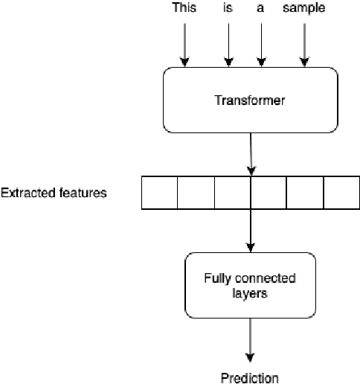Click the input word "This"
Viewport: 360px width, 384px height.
[184, 8]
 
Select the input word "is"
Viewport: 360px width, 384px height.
[228, 8]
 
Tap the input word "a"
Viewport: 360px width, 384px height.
[260, 8]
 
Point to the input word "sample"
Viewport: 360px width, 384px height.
[304, 8]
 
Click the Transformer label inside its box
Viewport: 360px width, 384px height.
[250, 100]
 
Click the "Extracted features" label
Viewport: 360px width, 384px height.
[54, 193]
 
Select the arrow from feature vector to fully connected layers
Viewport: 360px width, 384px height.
[251, 231]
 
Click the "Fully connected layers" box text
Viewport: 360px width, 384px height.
[250, 286]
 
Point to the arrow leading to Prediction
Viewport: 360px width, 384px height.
[251, 342]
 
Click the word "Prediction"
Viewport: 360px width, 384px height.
[250, 377]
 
